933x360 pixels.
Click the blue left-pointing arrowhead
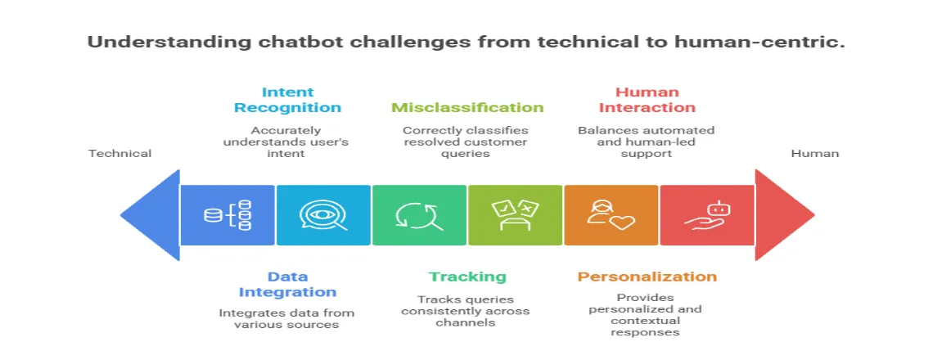click(151, 215)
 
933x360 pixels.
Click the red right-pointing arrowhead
click(782, 215)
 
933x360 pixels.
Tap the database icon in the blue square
click(228, 215)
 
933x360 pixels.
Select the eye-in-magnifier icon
click(323, 215)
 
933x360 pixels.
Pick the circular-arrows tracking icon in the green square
click(419, 215)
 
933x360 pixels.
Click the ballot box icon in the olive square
click(515, 215)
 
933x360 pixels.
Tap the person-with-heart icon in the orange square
click(611, 215)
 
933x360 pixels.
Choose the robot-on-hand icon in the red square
click(706, 215)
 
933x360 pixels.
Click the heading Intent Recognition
click(287, 100)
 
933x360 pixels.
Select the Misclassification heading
click(467, 107)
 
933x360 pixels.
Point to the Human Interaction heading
click(647, 100)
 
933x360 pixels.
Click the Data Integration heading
click(287, 284)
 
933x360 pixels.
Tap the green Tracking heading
click(467, 277)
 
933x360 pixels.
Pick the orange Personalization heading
click(647, 277)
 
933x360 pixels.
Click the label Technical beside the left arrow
click(119, 153)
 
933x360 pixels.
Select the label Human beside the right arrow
click(814, 153)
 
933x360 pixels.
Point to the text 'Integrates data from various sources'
click(287, 319)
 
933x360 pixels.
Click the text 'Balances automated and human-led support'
click(647, 142)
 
